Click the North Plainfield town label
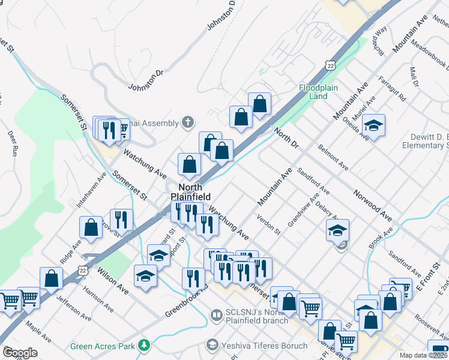coord(189,191)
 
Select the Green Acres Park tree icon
coord(143,345)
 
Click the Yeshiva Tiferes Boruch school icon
coord(211,345)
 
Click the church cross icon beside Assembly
coord(188,123)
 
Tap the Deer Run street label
coord(11,143)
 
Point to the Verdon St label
coord(268,223)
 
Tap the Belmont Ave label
coord(334,157)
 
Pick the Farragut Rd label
coord(393,88)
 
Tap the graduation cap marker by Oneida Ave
coord(373,126)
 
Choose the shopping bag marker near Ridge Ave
coord(91,227)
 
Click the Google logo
coord(20,353)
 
